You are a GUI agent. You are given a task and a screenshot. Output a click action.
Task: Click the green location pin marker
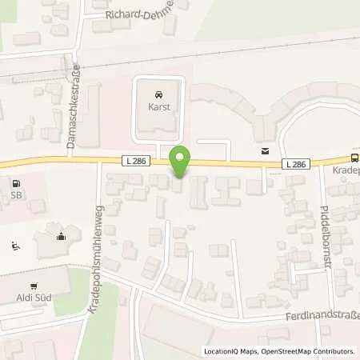(x=182, y=162)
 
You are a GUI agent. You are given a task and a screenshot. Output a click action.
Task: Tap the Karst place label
(x=155, y=106)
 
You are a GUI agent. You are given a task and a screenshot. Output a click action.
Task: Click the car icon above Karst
(x=155, y=93)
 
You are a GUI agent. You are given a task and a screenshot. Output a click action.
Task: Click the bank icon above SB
(x=15, y=182)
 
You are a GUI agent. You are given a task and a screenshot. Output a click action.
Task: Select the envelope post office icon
(x=263, y=150)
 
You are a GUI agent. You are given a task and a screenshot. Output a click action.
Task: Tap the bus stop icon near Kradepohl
(x=355, y=158)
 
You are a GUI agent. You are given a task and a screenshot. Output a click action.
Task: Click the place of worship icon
(x=61, y=235)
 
